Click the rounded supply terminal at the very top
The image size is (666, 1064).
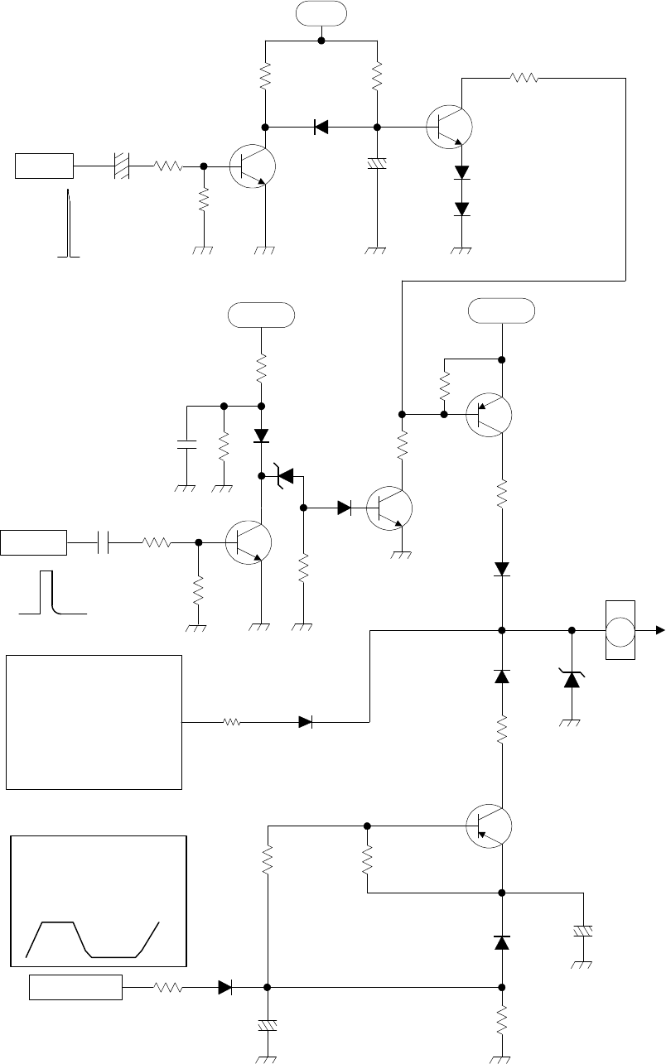coord(321,14)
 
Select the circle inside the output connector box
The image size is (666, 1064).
coord(621,631)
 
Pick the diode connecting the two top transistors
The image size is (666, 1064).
coord(321,127)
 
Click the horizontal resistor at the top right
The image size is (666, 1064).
coord(524,78)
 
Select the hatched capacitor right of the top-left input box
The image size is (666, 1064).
coord(122,166)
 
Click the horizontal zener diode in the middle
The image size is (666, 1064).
coord(285,476)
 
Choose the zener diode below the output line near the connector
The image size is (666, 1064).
coord(572,680)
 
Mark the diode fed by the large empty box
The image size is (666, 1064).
coord(305,722)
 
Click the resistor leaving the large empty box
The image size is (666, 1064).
coord(232,722)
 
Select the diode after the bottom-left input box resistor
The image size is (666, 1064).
coord(224,987)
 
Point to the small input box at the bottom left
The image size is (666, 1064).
coord(76,987)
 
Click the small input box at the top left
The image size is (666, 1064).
coord(45,166)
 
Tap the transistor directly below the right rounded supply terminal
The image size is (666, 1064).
coord(488,414)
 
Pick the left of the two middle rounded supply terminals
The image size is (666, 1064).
coord(261,315)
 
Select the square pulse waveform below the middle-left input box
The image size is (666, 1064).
coord(53,595)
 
